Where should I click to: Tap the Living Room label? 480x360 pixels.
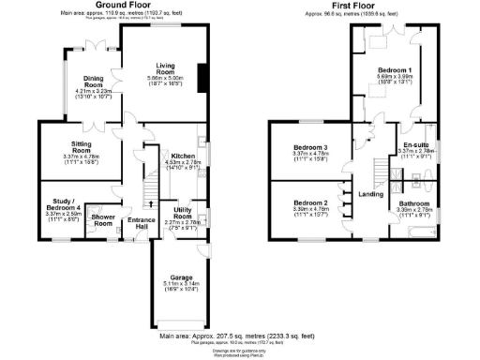click(166, 68)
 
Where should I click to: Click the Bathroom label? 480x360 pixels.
click(413, 203)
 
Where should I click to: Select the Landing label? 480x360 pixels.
click(372, 194)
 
